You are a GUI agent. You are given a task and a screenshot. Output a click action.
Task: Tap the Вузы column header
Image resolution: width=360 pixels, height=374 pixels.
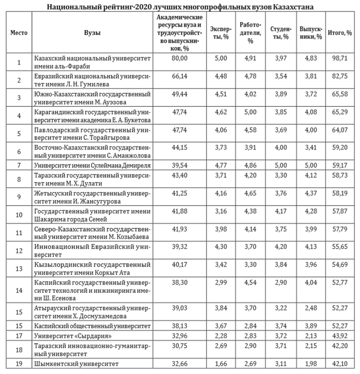pos(92,32)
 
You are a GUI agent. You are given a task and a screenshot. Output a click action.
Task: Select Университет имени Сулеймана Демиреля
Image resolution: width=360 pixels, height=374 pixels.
pos(92,165)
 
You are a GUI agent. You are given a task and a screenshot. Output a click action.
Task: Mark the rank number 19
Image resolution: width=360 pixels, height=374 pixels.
pos(19,364)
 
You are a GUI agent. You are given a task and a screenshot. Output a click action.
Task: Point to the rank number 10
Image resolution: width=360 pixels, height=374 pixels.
pos(19,215)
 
